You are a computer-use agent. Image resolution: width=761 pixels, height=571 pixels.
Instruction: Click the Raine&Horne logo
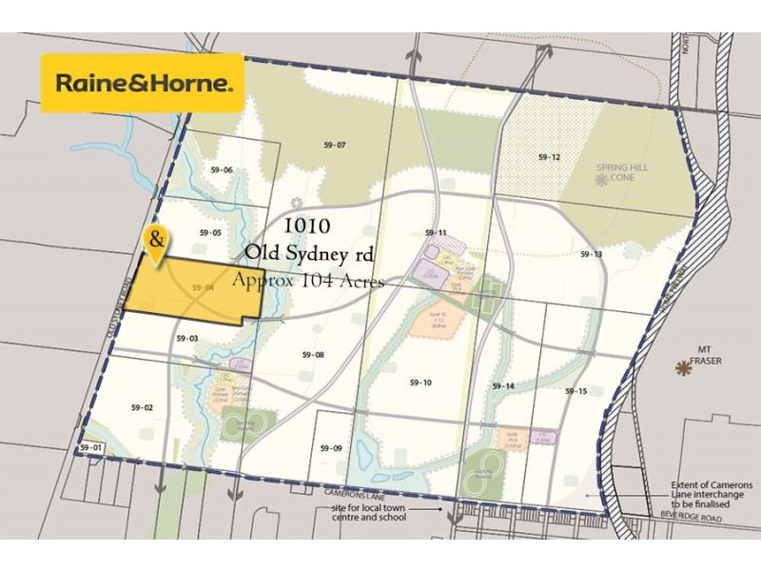pyautogui.click(x=143, y=84)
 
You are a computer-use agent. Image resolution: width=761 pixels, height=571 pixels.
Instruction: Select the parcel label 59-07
pyautogui.click(x=334, y=146)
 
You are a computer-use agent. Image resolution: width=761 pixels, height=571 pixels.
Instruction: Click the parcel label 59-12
pyautogui.click(x=549, y=157)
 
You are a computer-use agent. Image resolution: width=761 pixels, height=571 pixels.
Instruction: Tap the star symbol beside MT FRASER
pyautogui.click(x=682, y=367)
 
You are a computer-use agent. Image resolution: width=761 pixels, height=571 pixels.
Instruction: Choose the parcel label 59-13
pyautogui.click(x=592, y=254)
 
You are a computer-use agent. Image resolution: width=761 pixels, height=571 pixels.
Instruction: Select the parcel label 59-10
pyautogui.click(x=420, y=382)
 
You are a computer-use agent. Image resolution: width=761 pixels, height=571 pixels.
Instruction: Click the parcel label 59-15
pyautogui.click(x=576, y=391)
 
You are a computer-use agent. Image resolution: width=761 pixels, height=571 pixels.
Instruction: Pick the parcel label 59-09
pyautogui.click(x=331, y=448)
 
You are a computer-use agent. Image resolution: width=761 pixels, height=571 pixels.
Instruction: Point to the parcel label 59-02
pyautogui.click(x=142, y=407)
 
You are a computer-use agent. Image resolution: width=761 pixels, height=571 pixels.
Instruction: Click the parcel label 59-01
pyautogui.click(x=90, y=447)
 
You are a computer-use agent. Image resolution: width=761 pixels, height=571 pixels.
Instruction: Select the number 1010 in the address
pyautogui.click(x=307, y=226)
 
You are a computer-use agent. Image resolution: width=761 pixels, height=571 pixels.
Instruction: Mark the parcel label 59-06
pyautogui.click(x=222, y=170)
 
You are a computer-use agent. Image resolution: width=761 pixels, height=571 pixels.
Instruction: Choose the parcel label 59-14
pyautogui.click(x=503, y=385)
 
